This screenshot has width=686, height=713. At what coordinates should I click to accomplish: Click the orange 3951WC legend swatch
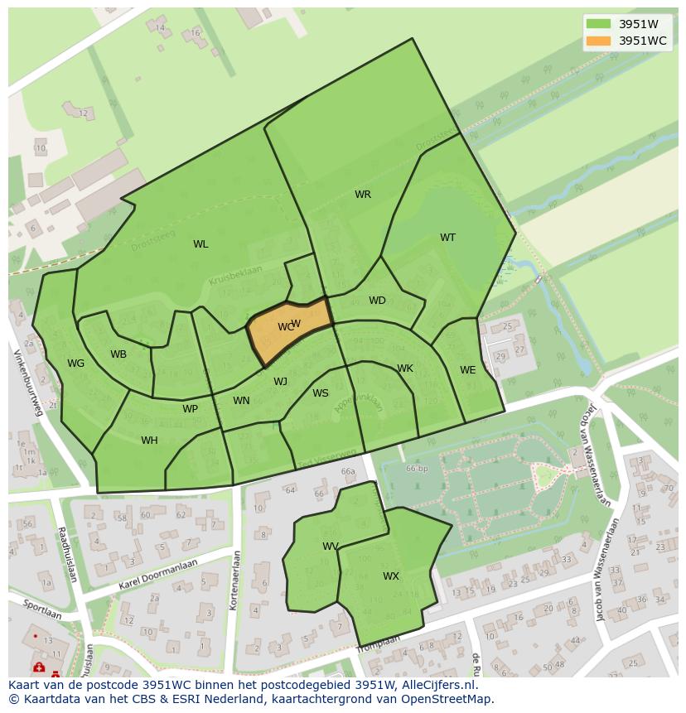pyautogui.click(x=598, y=41)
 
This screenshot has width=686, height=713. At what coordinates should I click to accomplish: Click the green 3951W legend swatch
pyautogui.click(x=598, y=24)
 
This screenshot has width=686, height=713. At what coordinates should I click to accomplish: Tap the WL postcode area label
pyautogui.click(x=200, y=244)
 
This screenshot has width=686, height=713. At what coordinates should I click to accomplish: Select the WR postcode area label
pyautogui.click(x=363, y=195)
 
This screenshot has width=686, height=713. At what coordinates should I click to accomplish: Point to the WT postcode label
pyautogui.click(x=447, y=238)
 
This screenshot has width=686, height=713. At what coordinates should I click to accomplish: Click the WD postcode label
pyautogui.click(x=377, y=301)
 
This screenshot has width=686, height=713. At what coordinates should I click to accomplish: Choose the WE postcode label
pyautogui.click(x=468, y=370)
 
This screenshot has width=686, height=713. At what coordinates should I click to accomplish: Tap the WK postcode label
pyautogui.click(x=405, y=369)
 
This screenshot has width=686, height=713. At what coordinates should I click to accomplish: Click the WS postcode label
pyautogui.click(x=321, y=393)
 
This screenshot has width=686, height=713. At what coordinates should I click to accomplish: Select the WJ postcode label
pyautogui.click(x=281, y=382)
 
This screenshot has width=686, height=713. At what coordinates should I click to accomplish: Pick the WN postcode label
pyautogui.click(x=241, y=401)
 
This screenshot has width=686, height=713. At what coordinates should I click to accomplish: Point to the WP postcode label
pyautogui.click(x=191, y=409)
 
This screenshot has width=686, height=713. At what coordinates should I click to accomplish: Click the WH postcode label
pyautogui.click(x=149, y=441)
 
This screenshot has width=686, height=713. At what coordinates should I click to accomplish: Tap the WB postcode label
pyautogui.click(x=118, y=354)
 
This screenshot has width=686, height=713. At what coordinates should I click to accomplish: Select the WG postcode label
pyautogui.click(x=76, y=364)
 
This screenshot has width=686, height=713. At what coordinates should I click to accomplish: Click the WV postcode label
pyautogui.click(x=331, y=547)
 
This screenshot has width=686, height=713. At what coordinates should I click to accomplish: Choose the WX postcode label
pyautogui.click(x=391, y=576)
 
